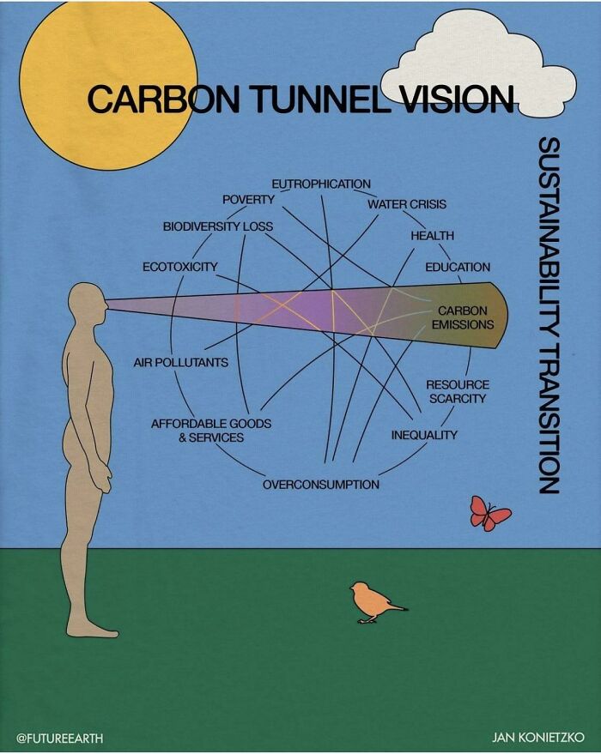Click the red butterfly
tap(490, 514)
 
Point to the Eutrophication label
tap(321, 184)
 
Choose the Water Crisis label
tap(407, 204)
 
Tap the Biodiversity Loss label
tap(217, 226)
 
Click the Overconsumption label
tap(320, 485)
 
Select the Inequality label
tap(424, 435)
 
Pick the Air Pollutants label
tap(180, 363)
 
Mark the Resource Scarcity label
tap(457, 391)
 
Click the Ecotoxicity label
tap(179, 267)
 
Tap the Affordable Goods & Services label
tap(210, 431)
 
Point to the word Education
tap(458, 267)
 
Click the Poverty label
tap(248, 199)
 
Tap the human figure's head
tap(88, 303)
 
